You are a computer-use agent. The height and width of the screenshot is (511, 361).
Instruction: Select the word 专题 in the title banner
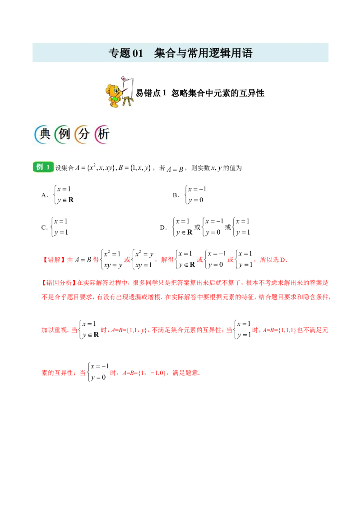coord(119,53)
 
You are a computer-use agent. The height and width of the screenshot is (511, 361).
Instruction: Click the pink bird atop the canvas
coord(125,79)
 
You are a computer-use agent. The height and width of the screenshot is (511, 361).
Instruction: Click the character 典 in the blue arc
coord(43,135)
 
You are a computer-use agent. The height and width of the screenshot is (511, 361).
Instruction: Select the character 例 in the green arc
coord(63,135)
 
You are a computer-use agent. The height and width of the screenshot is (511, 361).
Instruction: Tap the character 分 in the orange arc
coord(83,135)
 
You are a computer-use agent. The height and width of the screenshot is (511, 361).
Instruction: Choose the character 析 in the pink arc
coord(102,135)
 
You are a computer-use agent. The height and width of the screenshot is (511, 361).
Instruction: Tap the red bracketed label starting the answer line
coord(53,260)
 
